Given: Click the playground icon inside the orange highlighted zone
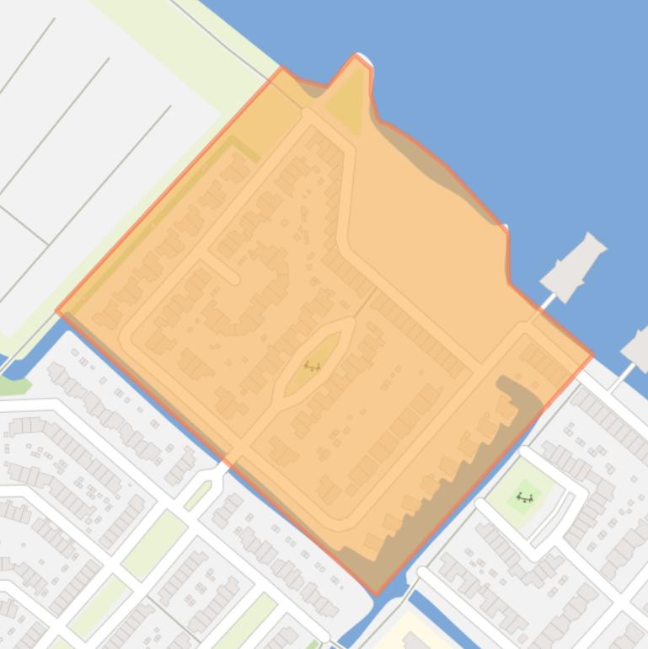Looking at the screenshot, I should coord(312,366).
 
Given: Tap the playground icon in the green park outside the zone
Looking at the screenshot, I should coord(525,497).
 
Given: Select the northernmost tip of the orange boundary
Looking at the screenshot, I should coord(357,56).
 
